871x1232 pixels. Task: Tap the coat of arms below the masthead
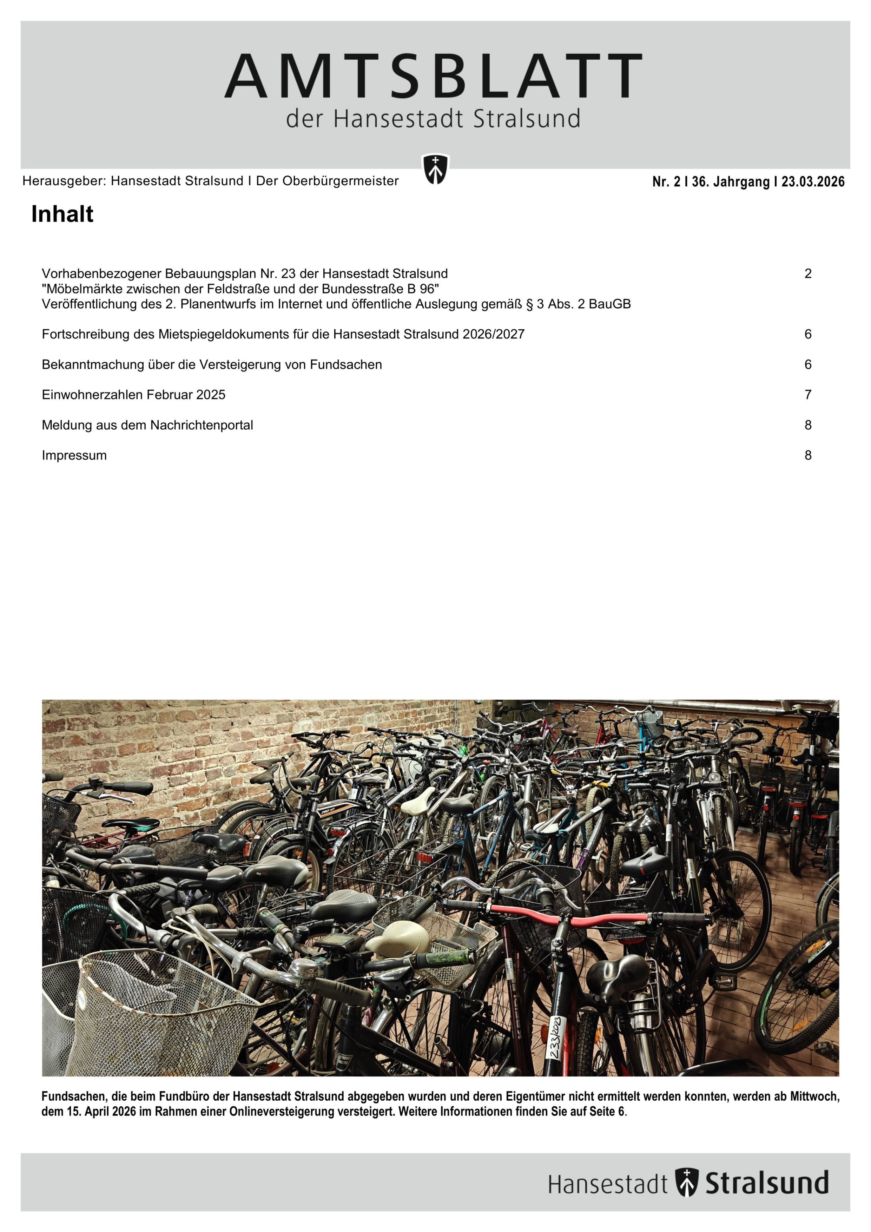(435, 170)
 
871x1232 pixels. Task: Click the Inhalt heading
(62, 214)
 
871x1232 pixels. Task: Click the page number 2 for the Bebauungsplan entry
(808, 274)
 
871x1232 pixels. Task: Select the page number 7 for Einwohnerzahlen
(808, 395)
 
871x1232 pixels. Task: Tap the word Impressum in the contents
(74, 456)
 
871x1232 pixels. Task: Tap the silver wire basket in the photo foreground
(161, 1014)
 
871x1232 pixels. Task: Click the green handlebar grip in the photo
(448, 956)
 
